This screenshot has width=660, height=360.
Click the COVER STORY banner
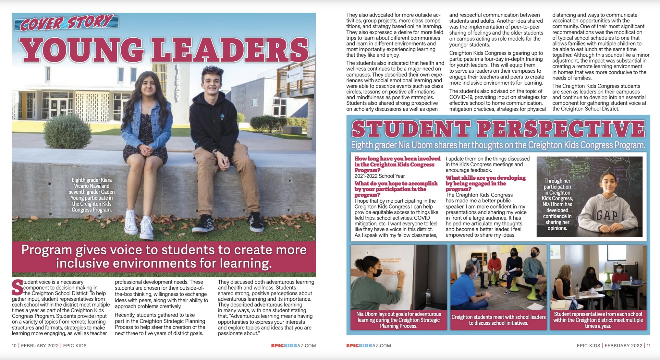click(x=67, y=22)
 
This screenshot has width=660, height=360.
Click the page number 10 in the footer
click(x=14, y=346)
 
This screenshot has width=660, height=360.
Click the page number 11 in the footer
click(x=648, y=346)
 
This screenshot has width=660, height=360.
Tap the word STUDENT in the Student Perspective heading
click(x=410, y=129)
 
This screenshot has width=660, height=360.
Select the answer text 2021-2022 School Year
click(x=380, y=176)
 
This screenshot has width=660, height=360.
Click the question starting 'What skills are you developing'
click(x=485, y=183)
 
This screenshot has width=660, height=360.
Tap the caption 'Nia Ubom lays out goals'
click(x=398, y=320)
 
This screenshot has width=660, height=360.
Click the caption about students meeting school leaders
click(x=498, y=320)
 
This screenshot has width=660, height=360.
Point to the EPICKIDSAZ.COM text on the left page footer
click(x=293, y=346)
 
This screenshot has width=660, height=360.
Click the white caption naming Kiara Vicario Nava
click(x=92, y=195)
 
